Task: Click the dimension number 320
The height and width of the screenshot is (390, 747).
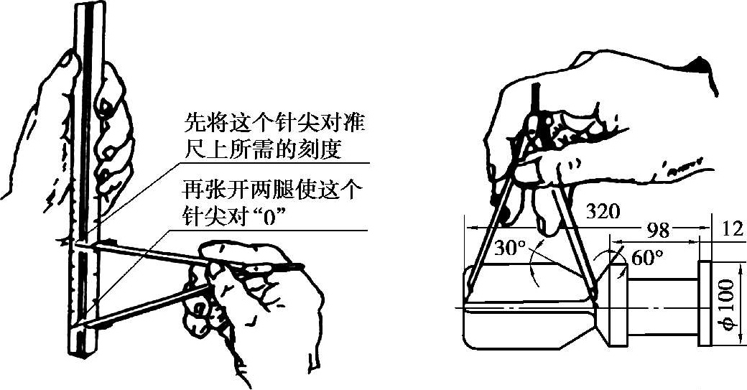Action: (x=601, y=212)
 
